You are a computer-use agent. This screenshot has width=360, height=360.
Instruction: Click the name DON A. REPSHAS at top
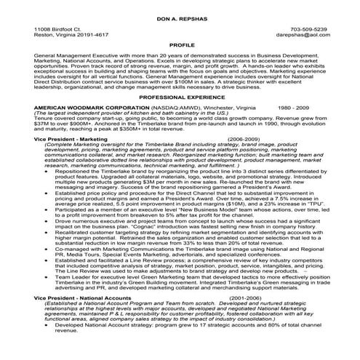(179, 15)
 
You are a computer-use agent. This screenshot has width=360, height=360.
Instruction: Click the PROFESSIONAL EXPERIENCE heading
(180, 97)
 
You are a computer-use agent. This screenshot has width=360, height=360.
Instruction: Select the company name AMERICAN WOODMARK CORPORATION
(87, 107)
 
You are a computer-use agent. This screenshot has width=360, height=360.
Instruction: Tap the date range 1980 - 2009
(273, 107)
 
